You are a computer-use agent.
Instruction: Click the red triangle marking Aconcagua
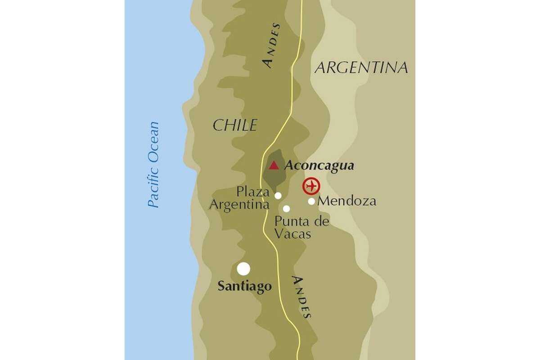pyautogui.click(x=274, y=166)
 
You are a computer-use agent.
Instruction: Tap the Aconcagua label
pyautogui.click(x=319, y=166)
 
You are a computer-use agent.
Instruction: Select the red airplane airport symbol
pyautogui.click(x=311, y=186)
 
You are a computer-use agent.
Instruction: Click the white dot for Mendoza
pyautogui.click(x=311, y=201)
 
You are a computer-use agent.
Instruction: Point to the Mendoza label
pyautogui.click(x=346, y=201)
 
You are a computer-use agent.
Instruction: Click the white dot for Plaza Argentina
pyautogui.click(x=278, y=195)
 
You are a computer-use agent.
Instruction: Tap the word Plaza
pyautogui.click(x=253, y=193)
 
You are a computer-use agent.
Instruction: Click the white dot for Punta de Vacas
pyautogui.click(x=286, y=208)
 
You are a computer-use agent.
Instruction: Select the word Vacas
pyautogui.click(x=292, y=234)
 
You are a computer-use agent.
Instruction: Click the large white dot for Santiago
pyautogui.click(x=243, y=269)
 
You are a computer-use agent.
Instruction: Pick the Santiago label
pyautogui.click(x=245, y=286)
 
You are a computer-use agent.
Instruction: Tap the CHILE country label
pyautogui.click(x=234, y=126)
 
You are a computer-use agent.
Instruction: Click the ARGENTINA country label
pyautogui.click(x=361, y=67)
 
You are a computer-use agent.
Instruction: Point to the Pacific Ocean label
pyautogui.click(x=154, y=165)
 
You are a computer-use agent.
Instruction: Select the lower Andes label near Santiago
pyautogui.click(x=301, y=297)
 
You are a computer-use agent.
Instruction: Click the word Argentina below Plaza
pyautogui.click(x=239, y=205)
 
